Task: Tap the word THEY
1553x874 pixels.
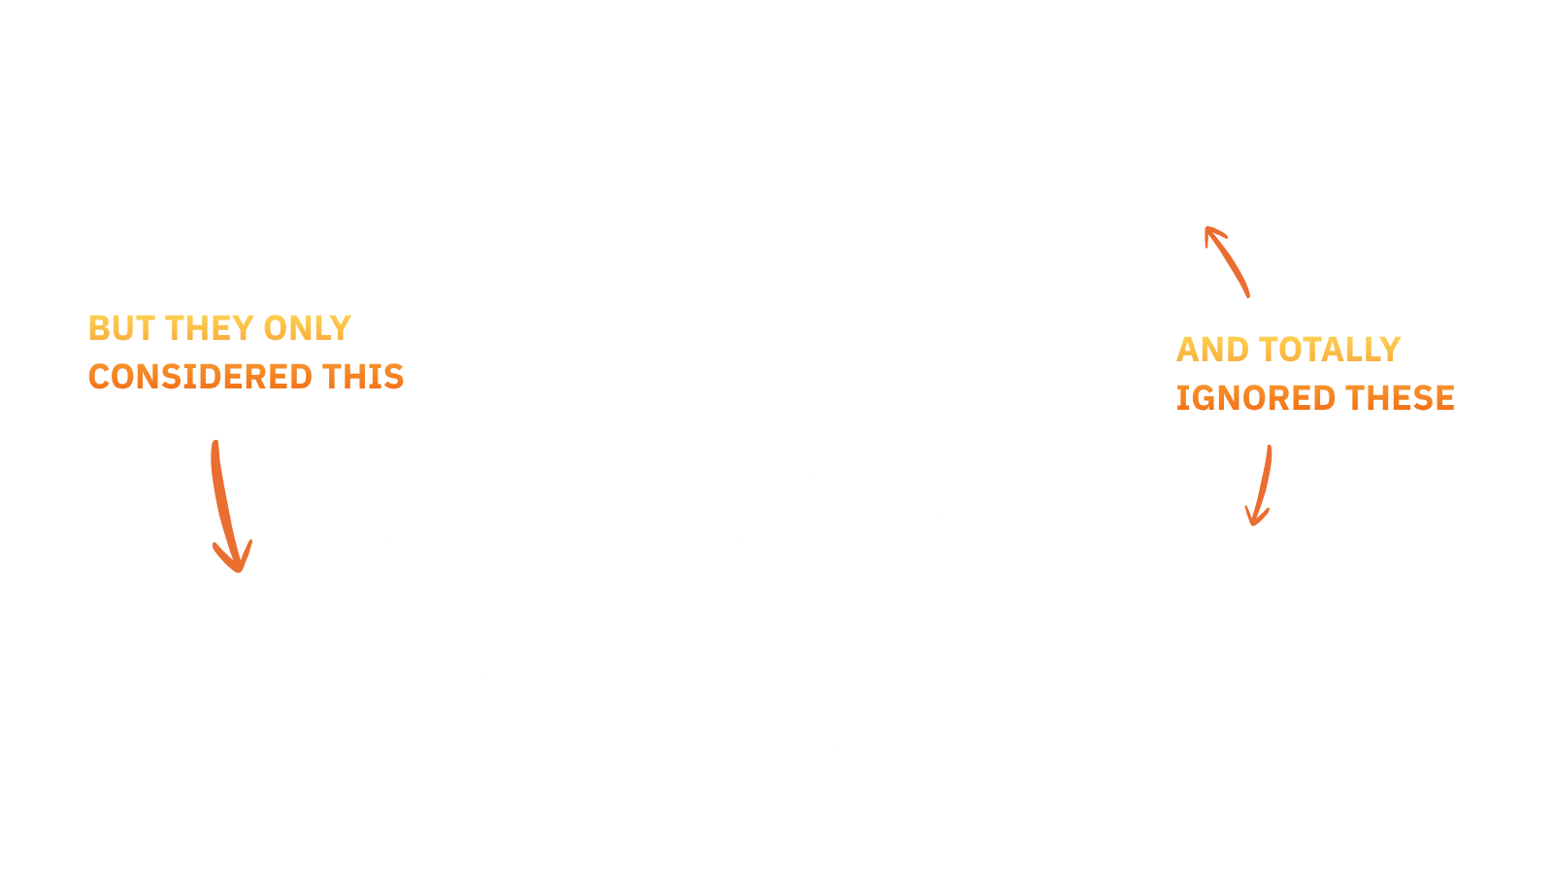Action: point(209,328)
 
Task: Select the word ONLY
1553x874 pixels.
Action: point(307,328)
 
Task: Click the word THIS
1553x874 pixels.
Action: point(363,377)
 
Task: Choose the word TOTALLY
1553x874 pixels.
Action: point(1330,350)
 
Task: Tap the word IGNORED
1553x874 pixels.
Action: point(1256,398)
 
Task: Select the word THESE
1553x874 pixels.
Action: point(1400,398)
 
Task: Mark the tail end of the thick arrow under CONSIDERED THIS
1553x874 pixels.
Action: point(215,443)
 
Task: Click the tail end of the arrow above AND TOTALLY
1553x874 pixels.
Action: point(1248,295)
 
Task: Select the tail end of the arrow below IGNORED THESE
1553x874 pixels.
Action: point(1270,448)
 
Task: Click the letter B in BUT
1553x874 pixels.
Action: point(99,328)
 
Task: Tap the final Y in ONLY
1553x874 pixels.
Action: point(341,328)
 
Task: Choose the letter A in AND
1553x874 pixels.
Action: point(1188,350)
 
